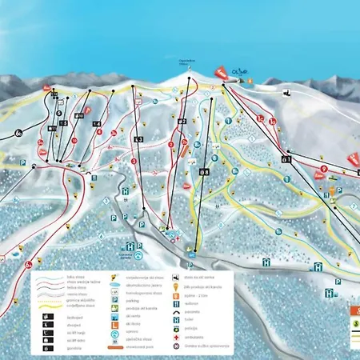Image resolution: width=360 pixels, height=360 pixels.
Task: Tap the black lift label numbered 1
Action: coord(286,159)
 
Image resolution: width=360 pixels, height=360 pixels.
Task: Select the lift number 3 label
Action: coord(138,139)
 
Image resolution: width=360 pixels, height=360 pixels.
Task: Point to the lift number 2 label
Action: coord(182,121)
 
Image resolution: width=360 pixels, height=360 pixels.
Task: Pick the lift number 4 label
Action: coord(97,124)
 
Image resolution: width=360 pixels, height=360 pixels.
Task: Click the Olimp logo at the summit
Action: coord(241,73)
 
